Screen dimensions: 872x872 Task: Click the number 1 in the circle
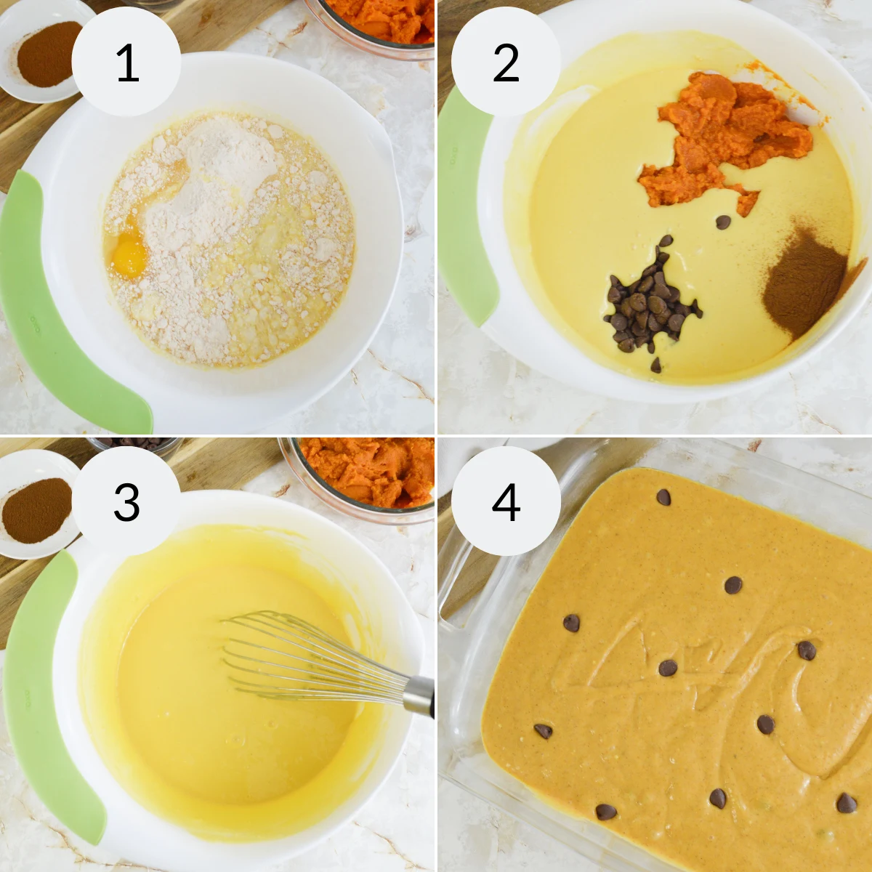point(127,63)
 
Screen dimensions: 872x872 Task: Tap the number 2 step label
point(506,63)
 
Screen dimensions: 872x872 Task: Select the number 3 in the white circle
point(126,502)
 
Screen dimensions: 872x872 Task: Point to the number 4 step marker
point(506,502)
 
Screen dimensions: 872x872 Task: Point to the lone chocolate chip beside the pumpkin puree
point(723,222)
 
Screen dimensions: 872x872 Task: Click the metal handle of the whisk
point(419,695)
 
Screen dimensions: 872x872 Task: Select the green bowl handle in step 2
point(465,203)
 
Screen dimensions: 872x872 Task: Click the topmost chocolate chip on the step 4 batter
point(663,497)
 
